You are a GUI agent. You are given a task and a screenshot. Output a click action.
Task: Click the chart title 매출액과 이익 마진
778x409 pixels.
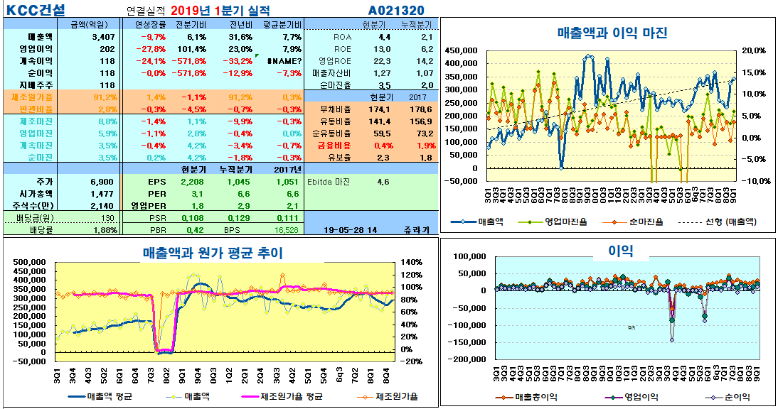pyautogui.click(x=612, y=33)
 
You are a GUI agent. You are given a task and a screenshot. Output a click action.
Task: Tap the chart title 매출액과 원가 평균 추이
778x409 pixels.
pyautogui.click(x=213, y=252)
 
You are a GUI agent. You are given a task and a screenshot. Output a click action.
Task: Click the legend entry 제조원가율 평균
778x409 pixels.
pyautogui.click(x=292, y=396)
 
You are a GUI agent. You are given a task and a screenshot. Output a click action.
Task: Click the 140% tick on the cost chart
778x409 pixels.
pyautogui.click(x=412, y=262)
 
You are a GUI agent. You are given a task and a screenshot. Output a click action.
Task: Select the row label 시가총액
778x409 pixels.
pyautogui.click(x=37, y=193)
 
